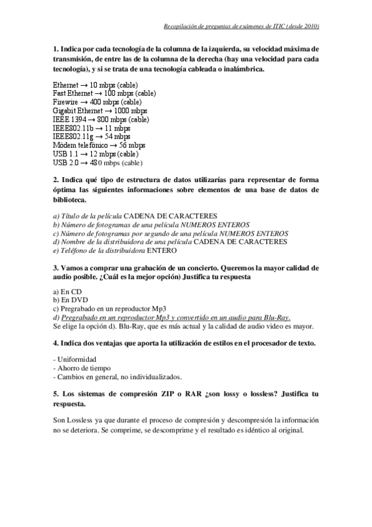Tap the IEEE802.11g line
coord(92,136)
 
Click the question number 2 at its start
coord(55,180)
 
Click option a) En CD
coord(68,291)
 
